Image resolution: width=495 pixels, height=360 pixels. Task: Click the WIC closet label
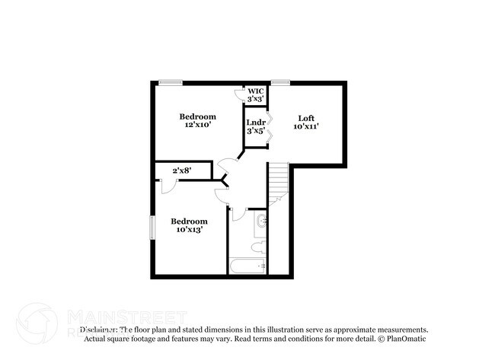coord(255,91)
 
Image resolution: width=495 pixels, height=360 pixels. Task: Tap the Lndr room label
coord(255,122)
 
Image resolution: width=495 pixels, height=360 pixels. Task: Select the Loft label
coord(306,117)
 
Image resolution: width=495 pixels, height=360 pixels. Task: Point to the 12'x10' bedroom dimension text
coord(198,126)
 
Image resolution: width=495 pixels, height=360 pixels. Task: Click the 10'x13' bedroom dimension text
coord(190,230)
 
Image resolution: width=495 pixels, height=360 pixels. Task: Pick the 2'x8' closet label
coord(180,170)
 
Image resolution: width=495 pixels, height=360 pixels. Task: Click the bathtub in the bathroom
coord(247,266)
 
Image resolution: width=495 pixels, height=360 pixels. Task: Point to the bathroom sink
coord(261,221)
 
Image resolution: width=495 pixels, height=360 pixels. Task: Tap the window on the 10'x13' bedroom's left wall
coord(152,228)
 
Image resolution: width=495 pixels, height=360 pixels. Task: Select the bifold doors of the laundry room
coord(269,124)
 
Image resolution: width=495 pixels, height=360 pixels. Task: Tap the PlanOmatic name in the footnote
coord(409,339)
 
